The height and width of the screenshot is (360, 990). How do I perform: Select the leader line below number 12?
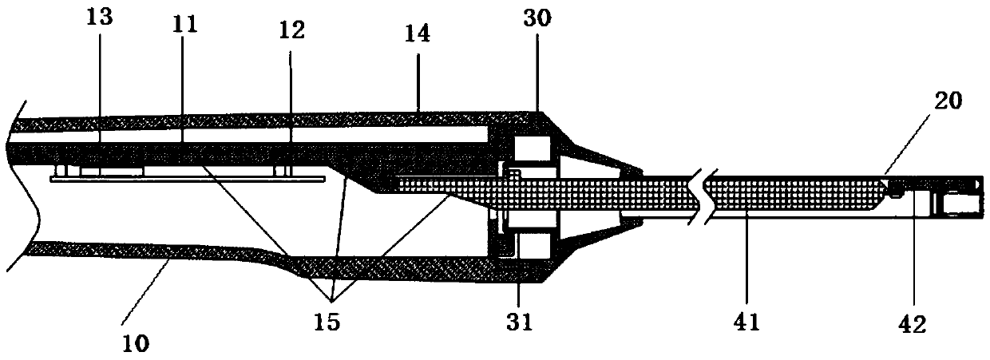[290, 96]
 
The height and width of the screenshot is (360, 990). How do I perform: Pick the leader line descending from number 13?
[101, 88]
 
